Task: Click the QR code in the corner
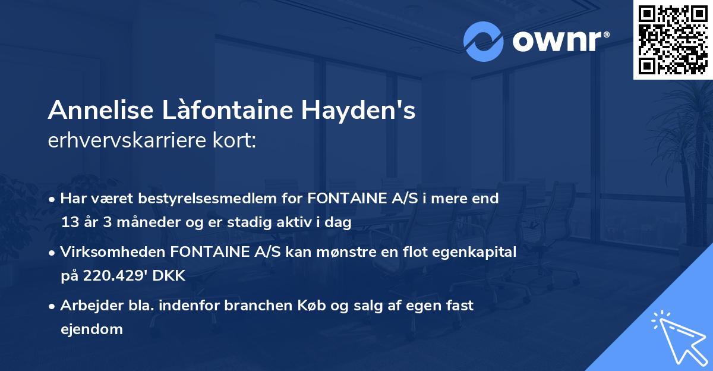coord(673,40)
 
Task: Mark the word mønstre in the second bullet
coord(326,252)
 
